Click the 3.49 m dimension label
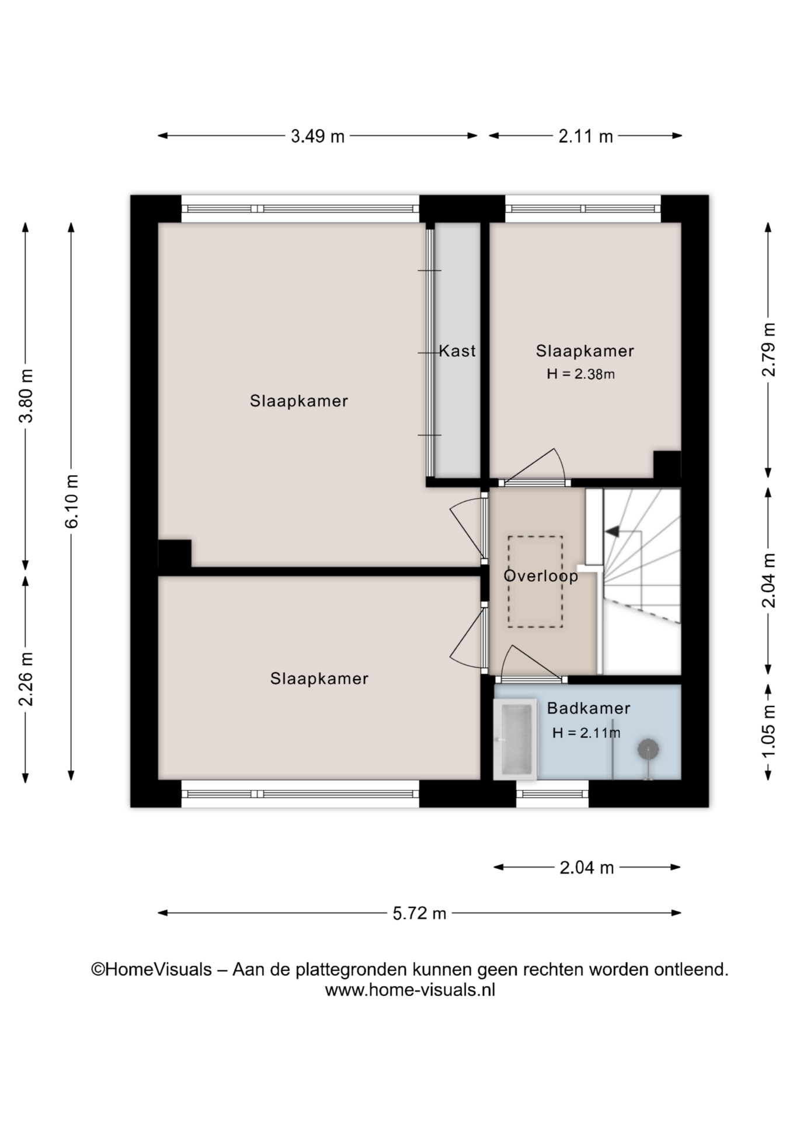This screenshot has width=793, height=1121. click(x=318, y=137)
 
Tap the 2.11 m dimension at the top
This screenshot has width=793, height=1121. click(x=586, y=137)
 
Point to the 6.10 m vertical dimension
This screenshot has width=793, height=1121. click(x=71, y=501)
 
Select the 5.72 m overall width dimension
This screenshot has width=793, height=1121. click(x=419, y=913)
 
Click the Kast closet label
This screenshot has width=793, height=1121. click(x=457, y=351)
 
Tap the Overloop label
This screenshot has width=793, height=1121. click(x=541, y=576)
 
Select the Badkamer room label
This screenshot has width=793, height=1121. click(x=589, y=708)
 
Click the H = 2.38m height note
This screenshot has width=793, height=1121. click(x=580, y=374)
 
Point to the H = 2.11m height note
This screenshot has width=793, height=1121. click(x=586, y=733)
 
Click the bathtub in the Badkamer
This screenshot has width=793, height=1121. click(x=516, y=739)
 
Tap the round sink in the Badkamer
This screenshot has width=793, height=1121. click(x=648, y=749)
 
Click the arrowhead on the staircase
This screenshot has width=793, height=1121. click(x=612, y=531)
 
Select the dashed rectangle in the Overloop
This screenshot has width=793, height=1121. click(x=535, y=582)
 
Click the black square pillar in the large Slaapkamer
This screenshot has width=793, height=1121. click(x=175, y=553)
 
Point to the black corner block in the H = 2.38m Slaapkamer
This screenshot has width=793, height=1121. click(x=667, y=465)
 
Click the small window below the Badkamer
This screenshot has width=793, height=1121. click(x=552, y=793)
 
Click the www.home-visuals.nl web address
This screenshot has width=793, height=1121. click(x=410, y=990)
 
